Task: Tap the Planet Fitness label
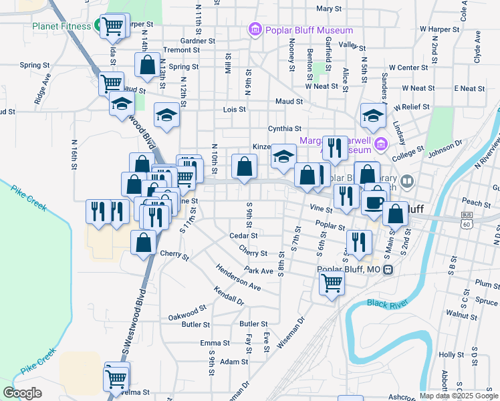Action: [x=60, y=27]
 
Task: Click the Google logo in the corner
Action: [x=22, y=393]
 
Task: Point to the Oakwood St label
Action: [x=187, y=312]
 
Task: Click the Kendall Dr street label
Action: [x=229, y=295]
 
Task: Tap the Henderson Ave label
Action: [x=238, y=277]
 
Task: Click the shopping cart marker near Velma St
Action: [x=116, y=379]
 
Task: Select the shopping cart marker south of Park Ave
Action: [x=332, y=283]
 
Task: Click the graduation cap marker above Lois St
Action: [x=166, y=116]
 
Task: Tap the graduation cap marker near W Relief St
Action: [x=373, y=116]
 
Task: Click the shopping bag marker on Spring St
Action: [x=147, y=65]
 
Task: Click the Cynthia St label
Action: [x=284, y=128]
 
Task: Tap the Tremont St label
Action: [x=177, y=50]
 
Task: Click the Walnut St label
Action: [x=459, y=313]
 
